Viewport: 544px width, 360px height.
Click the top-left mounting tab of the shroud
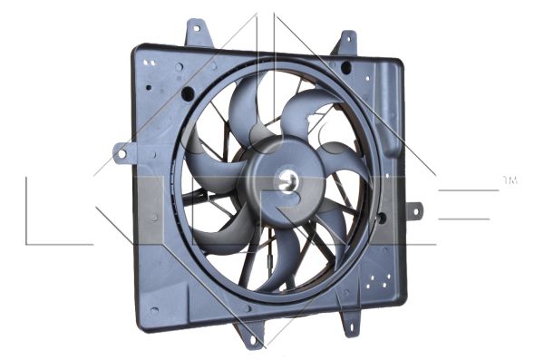click(x=194, y=34)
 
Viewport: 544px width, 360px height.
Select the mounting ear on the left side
click(x=121, y=152)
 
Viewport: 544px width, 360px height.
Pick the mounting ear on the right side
click(x=414, y=212)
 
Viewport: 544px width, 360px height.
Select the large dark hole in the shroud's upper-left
click(x=188, y=94)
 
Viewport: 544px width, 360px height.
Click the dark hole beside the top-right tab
click(x=346, y=68)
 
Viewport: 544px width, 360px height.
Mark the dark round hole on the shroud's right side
click(x=381, y=218)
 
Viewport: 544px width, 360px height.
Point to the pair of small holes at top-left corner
click(x=150, y=62)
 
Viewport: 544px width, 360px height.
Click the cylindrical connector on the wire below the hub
click(x=271, y=258)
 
